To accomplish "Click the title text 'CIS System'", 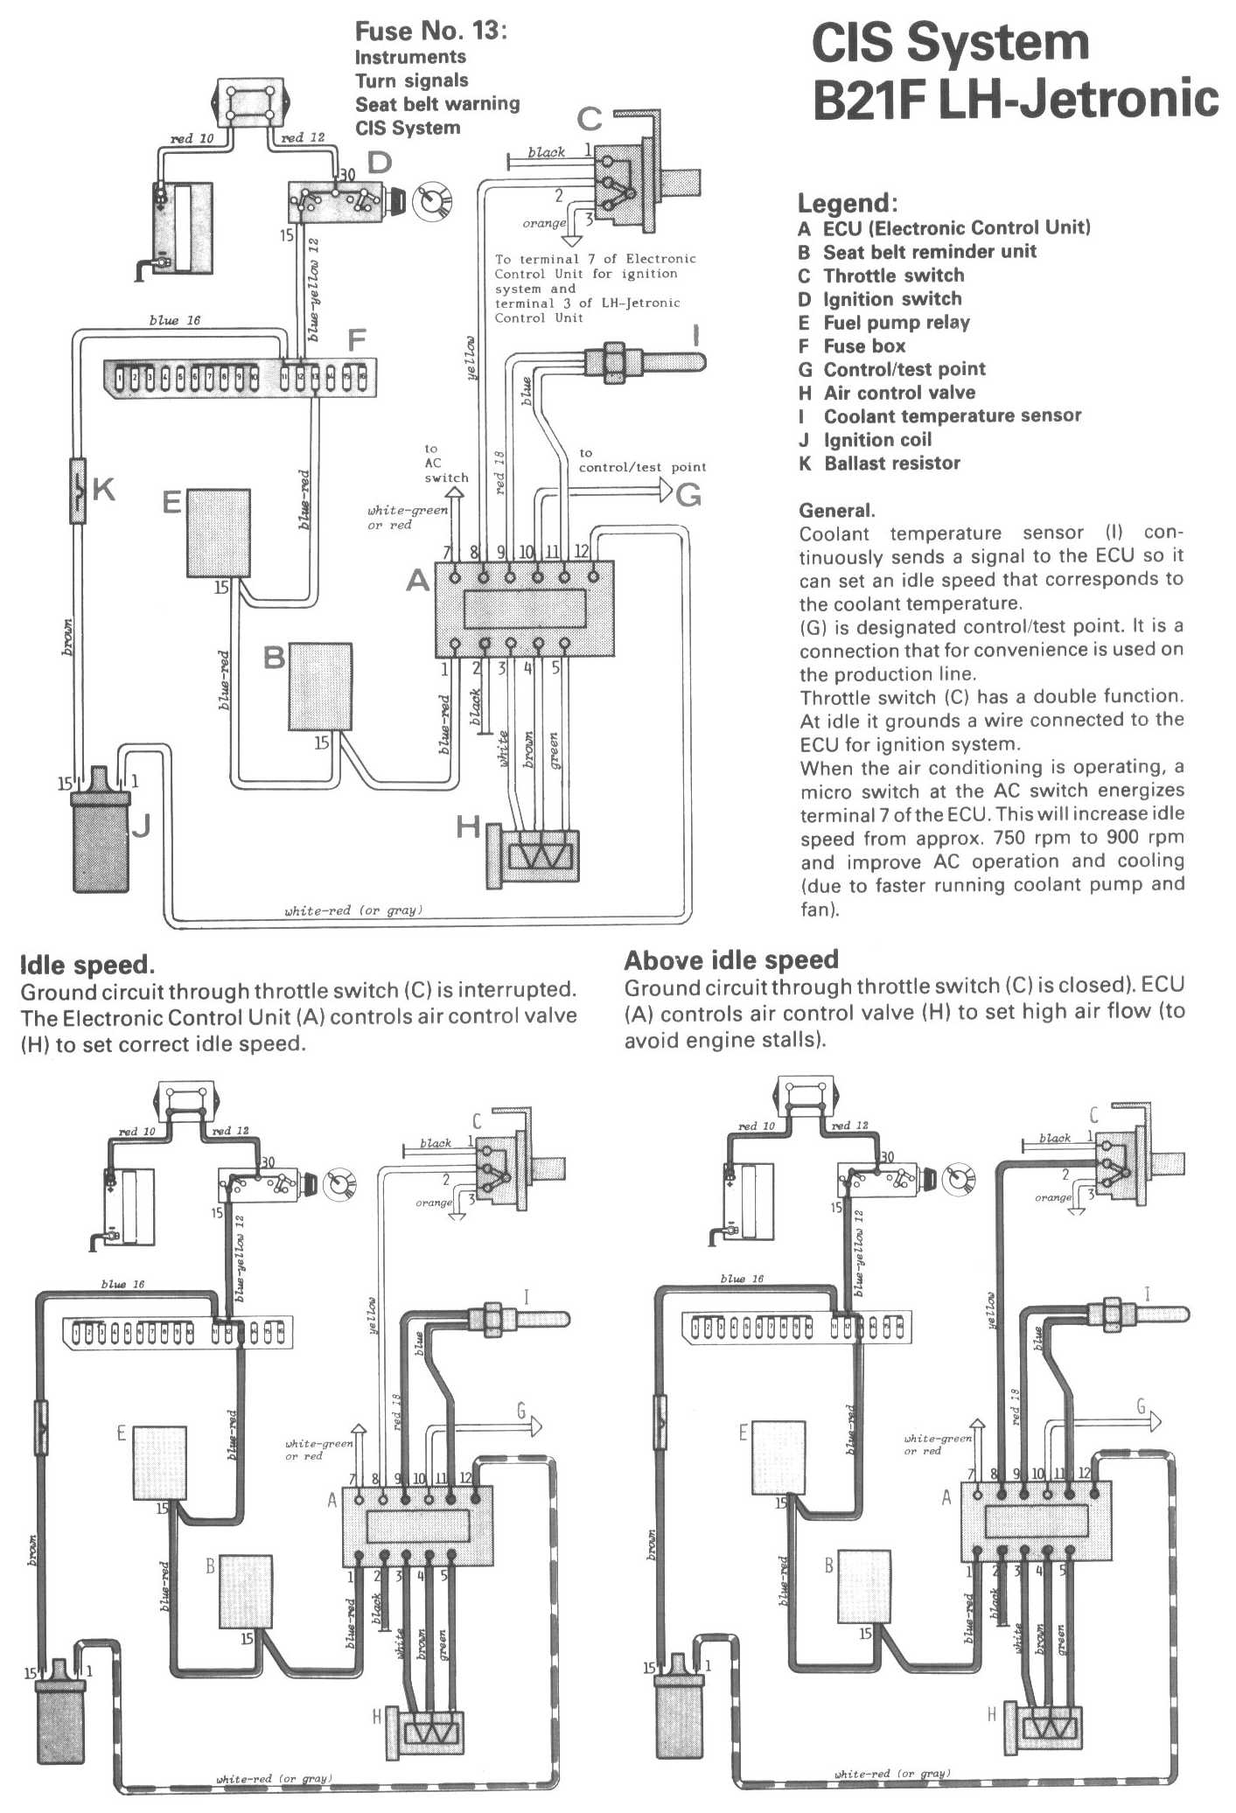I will (950, 44).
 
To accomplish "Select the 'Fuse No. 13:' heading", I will (430, 31).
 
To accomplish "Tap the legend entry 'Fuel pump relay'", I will (896, 323).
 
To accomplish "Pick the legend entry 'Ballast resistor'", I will (891, 464).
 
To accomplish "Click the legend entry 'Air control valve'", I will (898, 393).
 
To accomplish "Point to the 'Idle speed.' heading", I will (87, 966).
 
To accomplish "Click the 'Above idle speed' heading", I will (731, 960).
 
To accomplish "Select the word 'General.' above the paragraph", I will (836, 511).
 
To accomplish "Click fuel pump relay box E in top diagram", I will (219, 533).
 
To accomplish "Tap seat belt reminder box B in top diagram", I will (320, 687).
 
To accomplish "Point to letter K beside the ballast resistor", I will (103, 489).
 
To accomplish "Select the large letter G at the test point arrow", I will (688, 495).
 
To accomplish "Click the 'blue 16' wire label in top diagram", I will (174, 321).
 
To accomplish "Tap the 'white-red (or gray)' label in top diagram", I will (353, 910).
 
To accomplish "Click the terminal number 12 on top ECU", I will (581, 551).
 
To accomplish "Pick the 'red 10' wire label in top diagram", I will (192, 138).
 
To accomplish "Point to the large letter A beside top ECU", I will (418, 580).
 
